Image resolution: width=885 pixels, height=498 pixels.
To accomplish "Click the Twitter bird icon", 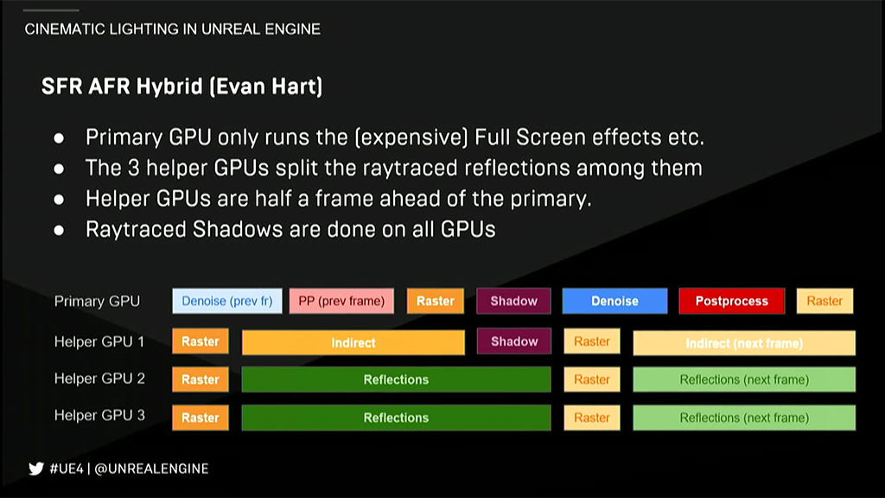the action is (x=36, y=469).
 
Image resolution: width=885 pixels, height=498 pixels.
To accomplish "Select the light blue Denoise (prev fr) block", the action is (x=227, y=301).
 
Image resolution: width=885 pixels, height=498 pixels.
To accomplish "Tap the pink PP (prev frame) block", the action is (x=341, y=301).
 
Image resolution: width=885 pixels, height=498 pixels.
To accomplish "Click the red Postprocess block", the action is (x=731, y=301).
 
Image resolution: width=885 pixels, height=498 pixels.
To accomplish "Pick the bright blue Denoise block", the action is (x=614, y=301).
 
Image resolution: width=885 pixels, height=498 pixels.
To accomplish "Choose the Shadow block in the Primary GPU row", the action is (x=513, y=301).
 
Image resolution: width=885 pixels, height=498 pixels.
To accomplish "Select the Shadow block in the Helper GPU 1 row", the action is (x=513, y=342).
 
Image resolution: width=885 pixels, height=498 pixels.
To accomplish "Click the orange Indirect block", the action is (x=353, y=342).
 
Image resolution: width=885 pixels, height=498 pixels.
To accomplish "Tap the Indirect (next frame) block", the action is (x=744, y=342).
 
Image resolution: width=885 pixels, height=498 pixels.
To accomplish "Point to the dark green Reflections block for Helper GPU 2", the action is (x=396, y=380).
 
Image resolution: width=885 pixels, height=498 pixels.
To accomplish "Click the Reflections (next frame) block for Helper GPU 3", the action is (x=744, y=418).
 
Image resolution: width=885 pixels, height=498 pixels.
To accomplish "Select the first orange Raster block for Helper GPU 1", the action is (x=201, y=341).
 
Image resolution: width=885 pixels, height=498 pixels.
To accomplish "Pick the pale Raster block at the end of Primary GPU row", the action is (x=825, y=301).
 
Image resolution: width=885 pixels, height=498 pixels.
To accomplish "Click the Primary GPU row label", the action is (x=97, y=302).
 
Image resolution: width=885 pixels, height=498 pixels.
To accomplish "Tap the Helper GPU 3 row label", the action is (x=99, y=416).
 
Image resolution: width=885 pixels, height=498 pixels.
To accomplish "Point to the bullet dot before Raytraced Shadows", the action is (x=59, y=230).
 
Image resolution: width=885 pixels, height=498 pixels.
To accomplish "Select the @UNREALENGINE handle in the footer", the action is (x=151, y=469).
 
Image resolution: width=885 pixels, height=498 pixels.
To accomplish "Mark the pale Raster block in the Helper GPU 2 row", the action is (x=592, y=380).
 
